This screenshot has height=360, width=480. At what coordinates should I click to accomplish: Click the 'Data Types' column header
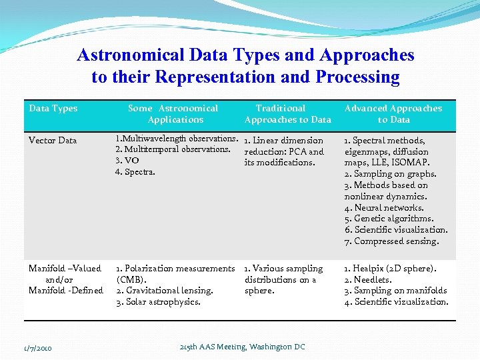tap(53, 108)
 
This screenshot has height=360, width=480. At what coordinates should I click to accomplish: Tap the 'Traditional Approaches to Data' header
tap(287, 114)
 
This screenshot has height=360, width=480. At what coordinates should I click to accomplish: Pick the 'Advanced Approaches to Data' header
tap(393, 114)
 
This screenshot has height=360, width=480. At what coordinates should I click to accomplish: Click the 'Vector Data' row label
tap(53, 140)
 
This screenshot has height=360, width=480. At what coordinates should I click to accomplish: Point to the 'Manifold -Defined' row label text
tap(65, 290)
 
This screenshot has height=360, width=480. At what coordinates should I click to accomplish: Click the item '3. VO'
tap(127, 161)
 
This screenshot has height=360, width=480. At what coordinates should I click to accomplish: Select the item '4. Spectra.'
tap(135, 172)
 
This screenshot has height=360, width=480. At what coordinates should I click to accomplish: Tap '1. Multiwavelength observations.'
tap(177, 139)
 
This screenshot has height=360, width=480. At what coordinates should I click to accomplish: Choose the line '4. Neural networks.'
tap(384, 207)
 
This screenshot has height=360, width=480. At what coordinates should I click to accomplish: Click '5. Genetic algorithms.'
tap(389, 218)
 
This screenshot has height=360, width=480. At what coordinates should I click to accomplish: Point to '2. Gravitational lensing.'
tap(165, 290)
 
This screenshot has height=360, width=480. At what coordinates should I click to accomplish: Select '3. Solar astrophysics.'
tap(158, 301)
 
